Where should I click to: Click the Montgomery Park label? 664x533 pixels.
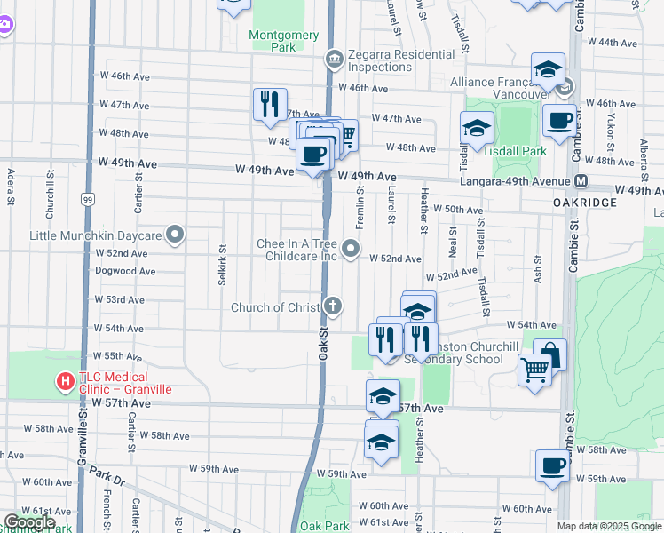(x=283, y=41)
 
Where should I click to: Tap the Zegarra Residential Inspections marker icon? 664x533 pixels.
(x=333, y=60)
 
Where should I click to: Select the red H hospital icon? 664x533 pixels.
(x=65, y=382)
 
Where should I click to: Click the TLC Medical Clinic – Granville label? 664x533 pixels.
(x=123, y=383)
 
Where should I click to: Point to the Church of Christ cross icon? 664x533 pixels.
(x=333, y=307)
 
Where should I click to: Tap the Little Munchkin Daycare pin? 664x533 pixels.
(x=175, y=235)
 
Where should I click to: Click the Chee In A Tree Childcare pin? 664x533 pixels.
(x=351, y=250)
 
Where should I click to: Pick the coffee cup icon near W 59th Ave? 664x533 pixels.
(x=552, y=466)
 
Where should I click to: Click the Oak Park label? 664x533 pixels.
(x=324, y=526)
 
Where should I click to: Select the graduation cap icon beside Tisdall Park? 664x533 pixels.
(x=477, y=129)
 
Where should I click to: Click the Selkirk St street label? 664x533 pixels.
(x=222, y=271)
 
